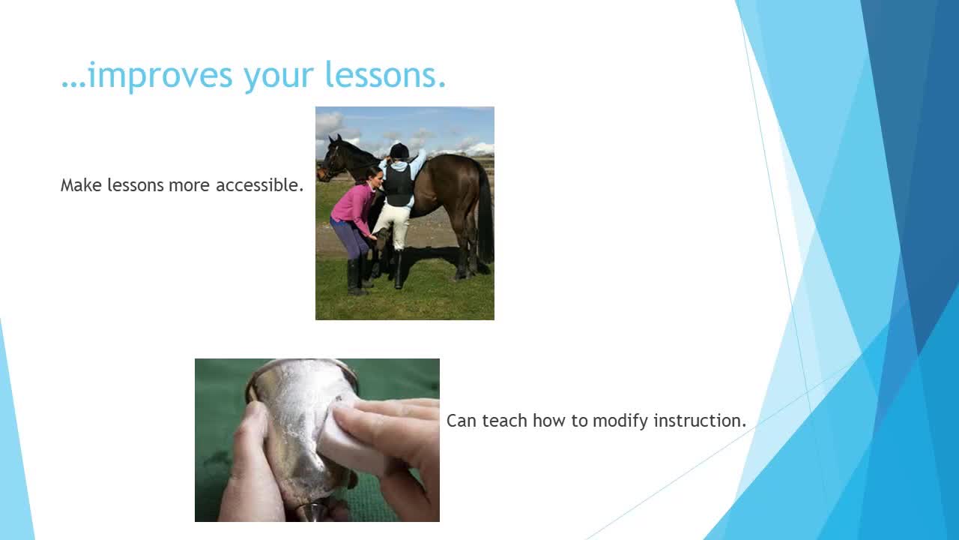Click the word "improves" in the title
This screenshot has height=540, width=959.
click(160, 76)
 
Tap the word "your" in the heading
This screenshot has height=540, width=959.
click(279, 77)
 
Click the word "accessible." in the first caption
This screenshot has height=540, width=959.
click(259, 185)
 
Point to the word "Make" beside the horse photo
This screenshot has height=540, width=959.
click(82, 185)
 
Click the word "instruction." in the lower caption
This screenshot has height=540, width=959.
click(700, 421)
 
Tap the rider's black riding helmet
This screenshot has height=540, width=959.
click(399, 150)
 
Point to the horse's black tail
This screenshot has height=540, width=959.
click(485, 214)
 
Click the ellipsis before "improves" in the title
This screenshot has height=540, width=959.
click(73, 85)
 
